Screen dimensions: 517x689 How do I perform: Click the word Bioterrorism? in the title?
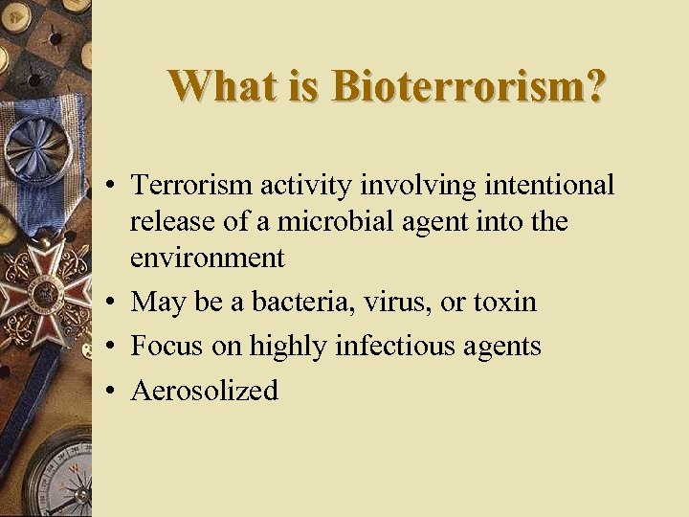tap(468, 86)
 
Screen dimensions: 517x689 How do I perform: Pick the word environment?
tap(208, 258)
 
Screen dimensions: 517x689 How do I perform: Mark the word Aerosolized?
tap(204, 390)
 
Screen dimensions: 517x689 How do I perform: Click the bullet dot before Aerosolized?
tap(112, 391)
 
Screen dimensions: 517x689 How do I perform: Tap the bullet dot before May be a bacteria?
tap(112, 303)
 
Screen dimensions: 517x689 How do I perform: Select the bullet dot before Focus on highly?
tap(112, 347)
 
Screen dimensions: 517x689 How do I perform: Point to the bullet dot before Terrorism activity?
tap(112, 185)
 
